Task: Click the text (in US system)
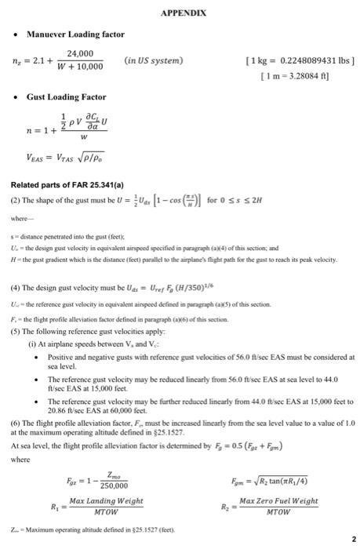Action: tap(154, 60)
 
